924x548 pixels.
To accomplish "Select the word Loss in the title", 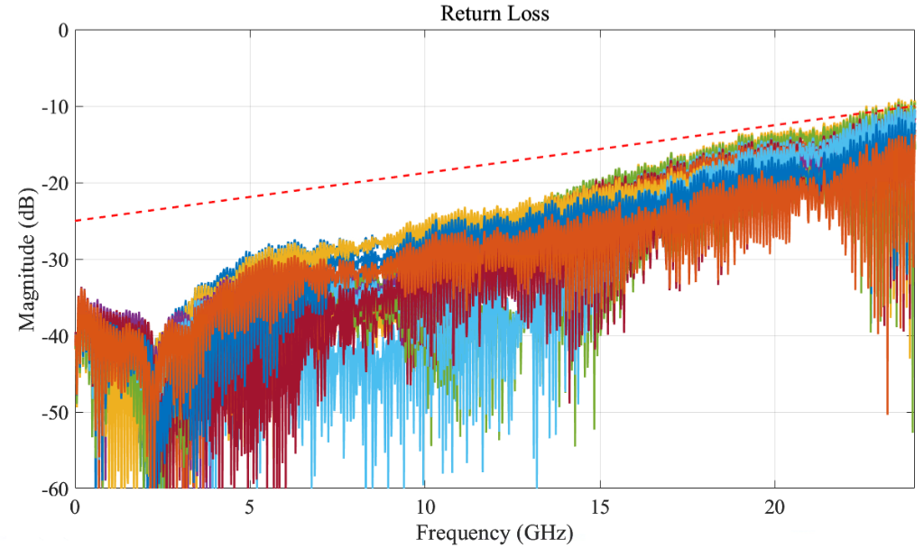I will point(530,14).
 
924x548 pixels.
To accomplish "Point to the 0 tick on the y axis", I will point(63,31).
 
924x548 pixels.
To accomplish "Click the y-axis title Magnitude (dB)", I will point(27,260).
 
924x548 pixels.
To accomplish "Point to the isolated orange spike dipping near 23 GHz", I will point(887,397).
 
